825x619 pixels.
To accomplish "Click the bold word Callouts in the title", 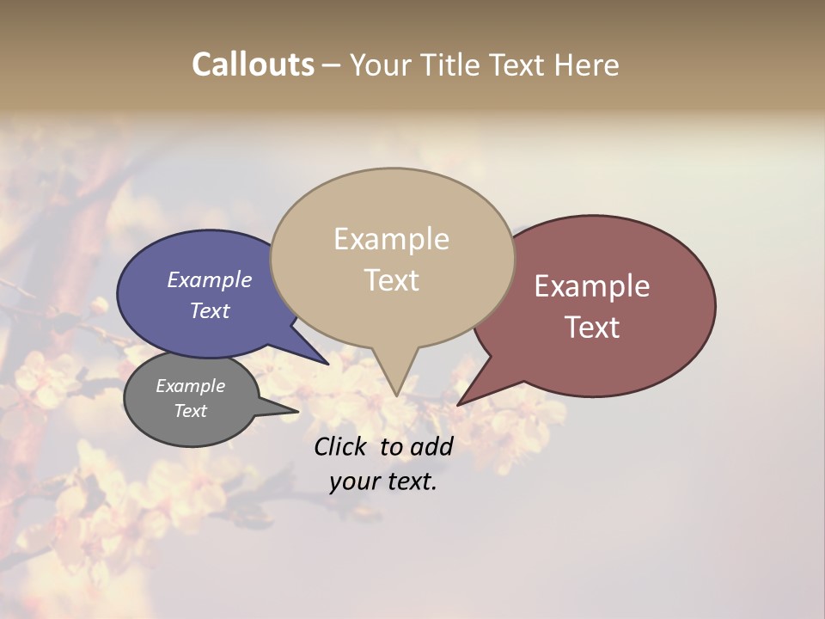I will point(253,64).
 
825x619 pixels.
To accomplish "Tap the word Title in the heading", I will point(454,64).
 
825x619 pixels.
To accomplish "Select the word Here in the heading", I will point(587,64).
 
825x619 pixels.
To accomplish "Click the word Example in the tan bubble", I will point(391,239).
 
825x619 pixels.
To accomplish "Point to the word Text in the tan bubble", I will point(391,280).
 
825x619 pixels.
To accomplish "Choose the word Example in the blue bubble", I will point(209,280).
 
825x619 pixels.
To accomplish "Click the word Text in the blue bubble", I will point(209,311).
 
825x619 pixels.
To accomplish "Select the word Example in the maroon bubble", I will point(592,286).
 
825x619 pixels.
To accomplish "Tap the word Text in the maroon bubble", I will point(592,328).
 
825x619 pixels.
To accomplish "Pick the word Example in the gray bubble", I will point(190,386).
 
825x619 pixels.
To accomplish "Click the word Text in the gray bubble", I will point(190,411).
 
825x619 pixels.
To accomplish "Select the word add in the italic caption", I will point(431,446).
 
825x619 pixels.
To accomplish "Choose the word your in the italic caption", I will point(352,481).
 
